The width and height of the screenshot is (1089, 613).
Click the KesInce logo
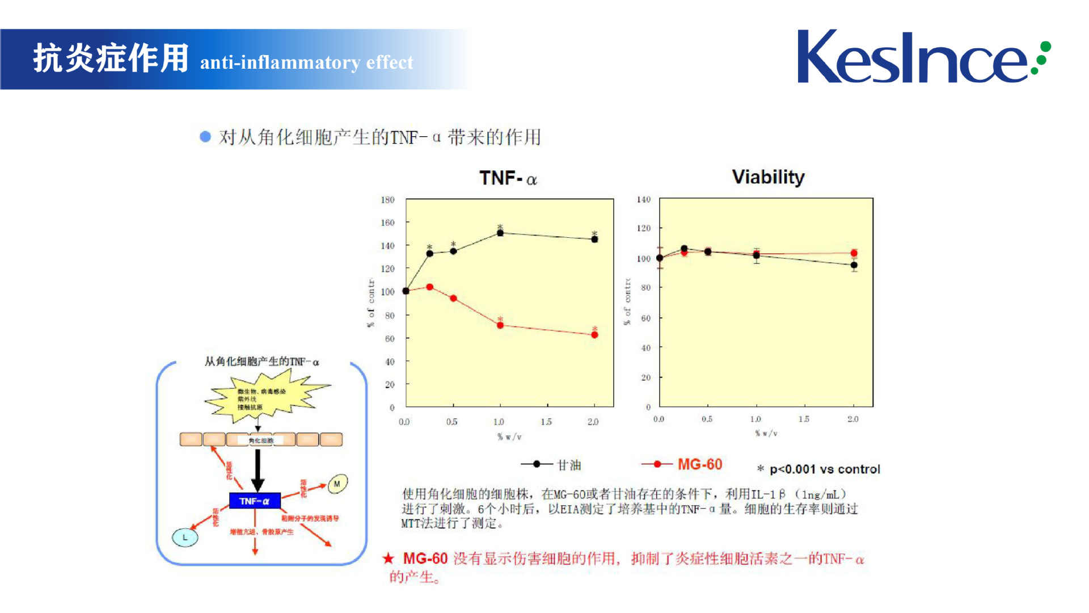click(923, 57)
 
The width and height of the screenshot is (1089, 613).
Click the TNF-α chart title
click(508, 178)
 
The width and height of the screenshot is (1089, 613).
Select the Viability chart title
click(768, 177)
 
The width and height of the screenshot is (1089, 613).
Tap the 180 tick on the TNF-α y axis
click(387, 200)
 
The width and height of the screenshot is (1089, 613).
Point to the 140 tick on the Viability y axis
click(644, 199)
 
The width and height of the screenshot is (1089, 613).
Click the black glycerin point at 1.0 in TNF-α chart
click(500, 233)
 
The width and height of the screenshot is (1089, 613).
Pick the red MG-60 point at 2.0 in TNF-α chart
click(594, 335)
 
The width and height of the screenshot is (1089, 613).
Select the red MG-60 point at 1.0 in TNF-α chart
click(500, 325)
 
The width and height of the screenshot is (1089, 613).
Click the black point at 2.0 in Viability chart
click(854, 265)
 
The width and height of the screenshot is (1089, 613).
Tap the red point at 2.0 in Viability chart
click(854, 253)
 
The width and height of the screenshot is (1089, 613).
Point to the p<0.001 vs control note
click(819, 469)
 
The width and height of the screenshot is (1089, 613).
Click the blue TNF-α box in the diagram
click(255, 501)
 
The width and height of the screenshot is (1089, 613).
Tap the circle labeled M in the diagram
click(337, 484)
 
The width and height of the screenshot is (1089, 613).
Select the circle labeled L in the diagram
click(185, 537)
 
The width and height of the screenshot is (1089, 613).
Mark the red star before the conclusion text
click(389, 559)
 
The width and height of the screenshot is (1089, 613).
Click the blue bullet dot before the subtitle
click(205, 137)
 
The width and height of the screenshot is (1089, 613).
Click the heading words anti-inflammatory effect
click(306, 62)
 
